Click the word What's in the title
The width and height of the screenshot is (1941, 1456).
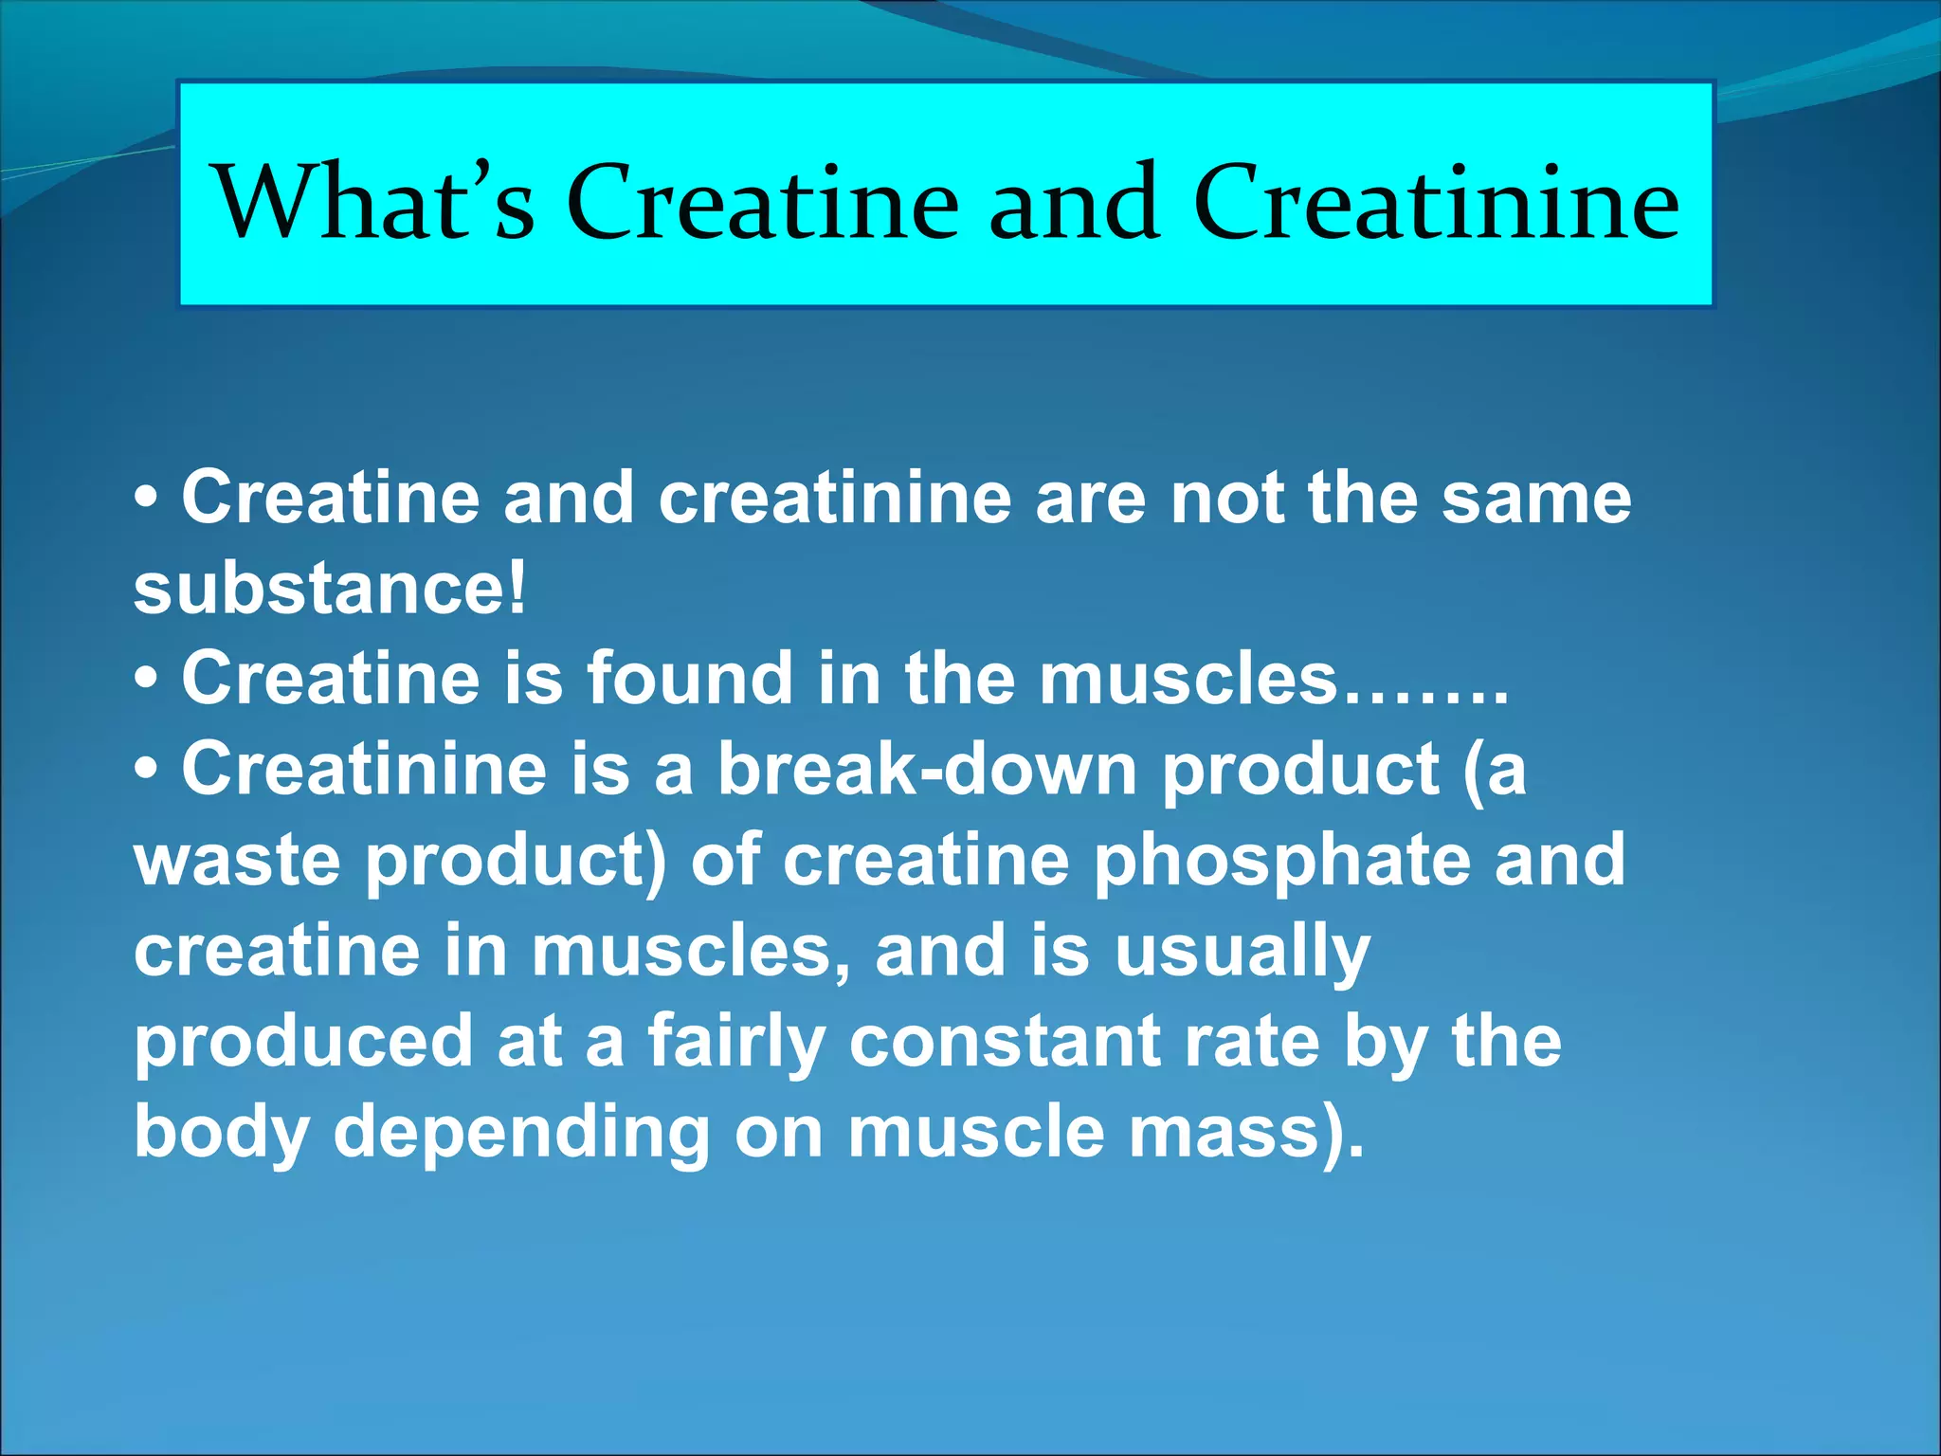coord(375,202)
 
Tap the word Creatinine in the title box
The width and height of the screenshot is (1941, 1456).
coord(1436,202)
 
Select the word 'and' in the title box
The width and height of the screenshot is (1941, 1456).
coord(1074,202)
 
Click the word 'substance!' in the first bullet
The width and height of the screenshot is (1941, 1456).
coord(329,588)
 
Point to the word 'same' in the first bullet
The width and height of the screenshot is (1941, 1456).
coord(1536,499)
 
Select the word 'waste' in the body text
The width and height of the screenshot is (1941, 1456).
coord(237,859)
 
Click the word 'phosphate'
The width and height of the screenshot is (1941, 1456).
coord(1281,859)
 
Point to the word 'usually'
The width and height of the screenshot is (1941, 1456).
coord(1243,950)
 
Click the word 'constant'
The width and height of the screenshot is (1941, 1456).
coord(1005,1041)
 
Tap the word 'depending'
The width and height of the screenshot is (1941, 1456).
coord(521,1132)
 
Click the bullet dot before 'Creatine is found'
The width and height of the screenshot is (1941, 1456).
coord(146,680)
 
